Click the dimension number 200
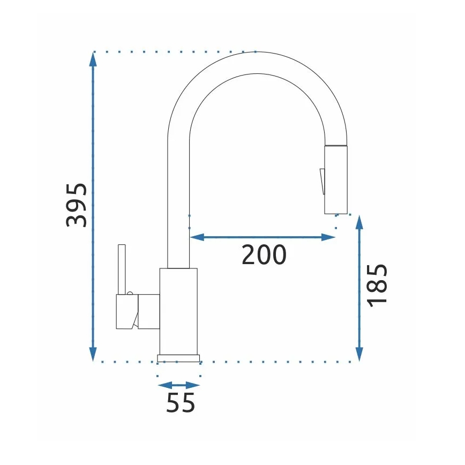[264, 255]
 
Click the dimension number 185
[378, 284]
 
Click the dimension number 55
[181, 403]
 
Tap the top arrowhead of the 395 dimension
[93, 59]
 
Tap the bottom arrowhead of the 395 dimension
[93, 354]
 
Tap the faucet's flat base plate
[178, 358]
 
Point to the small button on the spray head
[321, 181]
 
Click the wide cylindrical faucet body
[178, 311]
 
